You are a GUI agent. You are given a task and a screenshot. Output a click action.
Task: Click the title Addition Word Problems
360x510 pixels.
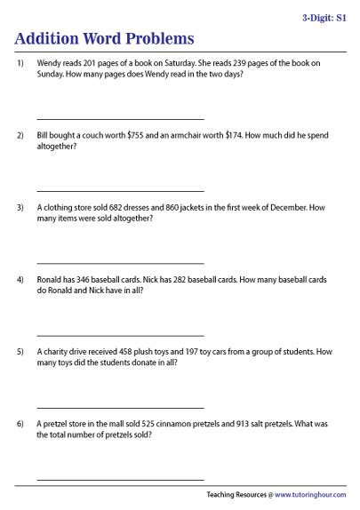tap(105, 39)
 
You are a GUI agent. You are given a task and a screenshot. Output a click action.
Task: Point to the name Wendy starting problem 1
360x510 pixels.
tap(51, 64)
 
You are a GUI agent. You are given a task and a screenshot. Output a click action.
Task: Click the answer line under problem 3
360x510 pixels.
tap(120, 263)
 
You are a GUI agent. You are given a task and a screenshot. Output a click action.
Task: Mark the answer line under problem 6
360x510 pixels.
tap(120, 479)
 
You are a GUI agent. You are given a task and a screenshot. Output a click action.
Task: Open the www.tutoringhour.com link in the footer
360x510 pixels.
tap(310, 495)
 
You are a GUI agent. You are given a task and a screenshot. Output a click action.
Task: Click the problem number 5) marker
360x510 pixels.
tap(20, 352)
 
